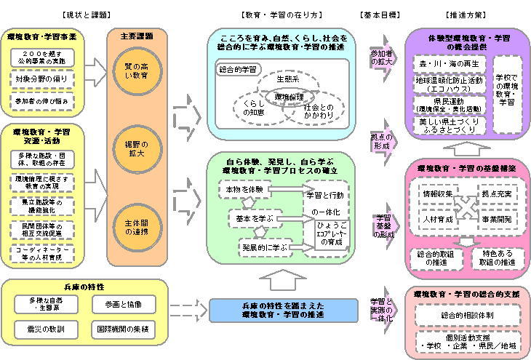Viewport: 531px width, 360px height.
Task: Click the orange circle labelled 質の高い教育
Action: (x=136, y=72)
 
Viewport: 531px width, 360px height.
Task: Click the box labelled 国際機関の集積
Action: (x=121, y=329)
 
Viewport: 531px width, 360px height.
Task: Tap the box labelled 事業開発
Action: (x=498, y=217)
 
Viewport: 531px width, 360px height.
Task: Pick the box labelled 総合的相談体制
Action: (x=468, y=315)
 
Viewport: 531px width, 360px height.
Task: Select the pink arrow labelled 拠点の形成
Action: (x=381, y=142)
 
